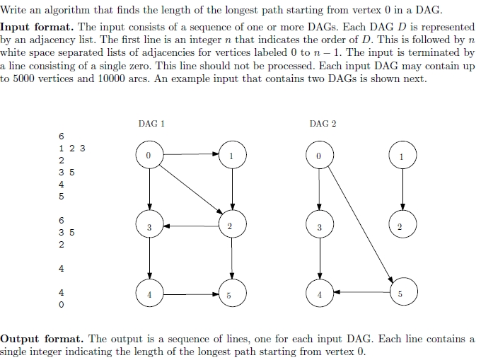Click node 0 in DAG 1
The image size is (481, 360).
149,155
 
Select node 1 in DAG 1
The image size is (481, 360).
233,155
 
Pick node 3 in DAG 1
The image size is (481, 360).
149,227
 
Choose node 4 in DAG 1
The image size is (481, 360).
149,294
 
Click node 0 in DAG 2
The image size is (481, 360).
320,155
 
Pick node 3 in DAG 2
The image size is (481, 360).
320,227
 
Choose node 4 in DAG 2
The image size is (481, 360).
320,294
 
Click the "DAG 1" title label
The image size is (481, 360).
151,123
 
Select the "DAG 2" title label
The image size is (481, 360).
323,123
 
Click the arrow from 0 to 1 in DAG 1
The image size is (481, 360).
191,152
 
